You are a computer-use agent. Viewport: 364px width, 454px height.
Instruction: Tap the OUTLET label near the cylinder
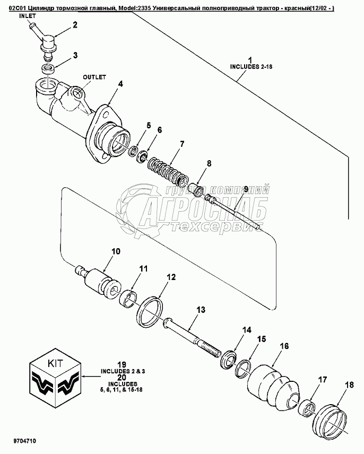click(x=94, y=77)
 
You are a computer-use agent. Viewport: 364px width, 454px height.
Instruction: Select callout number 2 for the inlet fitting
click(x=75, y=25)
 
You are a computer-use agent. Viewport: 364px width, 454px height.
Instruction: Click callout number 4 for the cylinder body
click(x=121, y=83)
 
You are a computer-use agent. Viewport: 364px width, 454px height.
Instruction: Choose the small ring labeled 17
click(x=307, y=408)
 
